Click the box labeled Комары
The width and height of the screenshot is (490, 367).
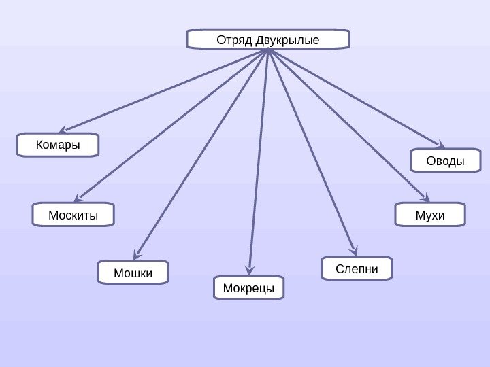click(x=58, y=145)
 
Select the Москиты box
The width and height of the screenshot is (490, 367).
click(x=73, y=215)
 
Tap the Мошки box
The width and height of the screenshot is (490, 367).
click(x=133, y=273)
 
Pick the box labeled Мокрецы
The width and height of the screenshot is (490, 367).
click(x=248, y=288)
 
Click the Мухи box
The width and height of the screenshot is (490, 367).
click(x=430, y=215)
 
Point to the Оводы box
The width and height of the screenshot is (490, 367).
click(x=445, y=162)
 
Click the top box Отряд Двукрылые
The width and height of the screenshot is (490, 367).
click(x=267, y=39)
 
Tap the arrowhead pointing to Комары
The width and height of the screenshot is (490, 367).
click(x=63, y=128)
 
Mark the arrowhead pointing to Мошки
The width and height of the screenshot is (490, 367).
click(x=138, y=253)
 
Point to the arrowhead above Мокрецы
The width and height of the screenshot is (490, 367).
click(x=250, y=268)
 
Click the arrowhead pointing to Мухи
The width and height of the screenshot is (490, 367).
click(x=426, y=197)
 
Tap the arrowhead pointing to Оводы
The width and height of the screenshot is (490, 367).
click(x=440, y=145)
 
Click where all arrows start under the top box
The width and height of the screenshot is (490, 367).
click(x=269, y=51)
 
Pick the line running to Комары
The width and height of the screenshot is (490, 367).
click(x=167, y=90)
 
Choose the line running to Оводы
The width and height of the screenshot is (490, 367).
click(x=354, y=98)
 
